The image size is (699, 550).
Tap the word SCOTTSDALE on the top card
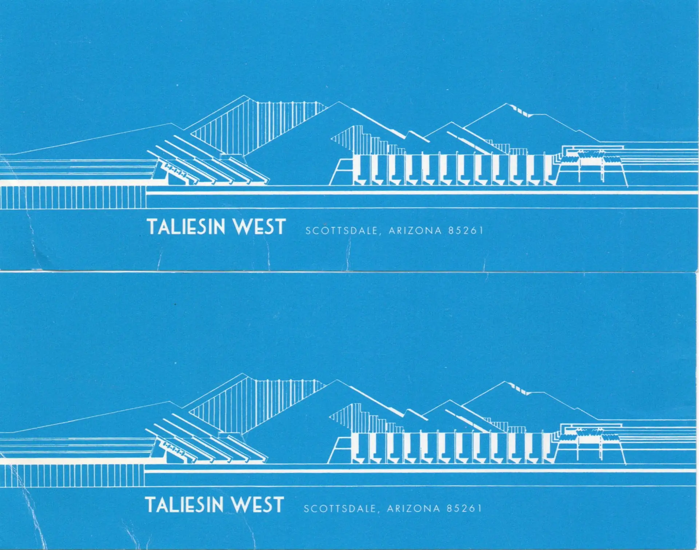pos(341,231)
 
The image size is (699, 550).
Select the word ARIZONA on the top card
pos(415,231)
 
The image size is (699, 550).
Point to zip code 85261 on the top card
pos(466,231)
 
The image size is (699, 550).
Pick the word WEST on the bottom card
pos(258,505)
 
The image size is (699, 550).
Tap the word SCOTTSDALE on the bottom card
pos(339,509)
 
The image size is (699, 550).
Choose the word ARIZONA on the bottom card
pos(413,509)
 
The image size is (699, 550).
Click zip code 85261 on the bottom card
pos(464,508)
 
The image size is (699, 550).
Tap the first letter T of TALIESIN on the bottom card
pos(151,505)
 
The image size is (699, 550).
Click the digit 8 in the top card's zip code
pos(451,231)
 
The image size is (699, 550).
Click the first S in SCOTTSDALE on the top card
pos(308,231)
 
